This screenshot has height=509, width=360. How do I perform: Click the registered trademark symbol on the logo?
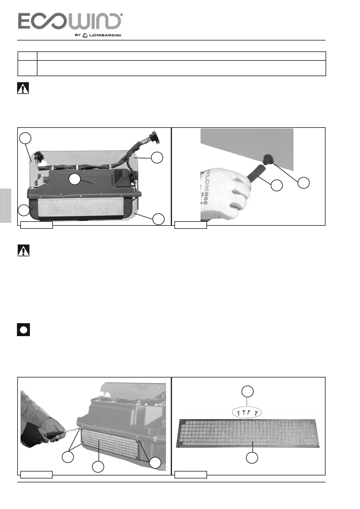click(121, 15)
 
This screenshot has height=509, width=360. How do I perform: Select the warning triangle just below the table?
click(23, 88)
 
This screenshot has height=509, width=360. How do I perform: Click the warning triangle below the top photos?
click(24, 251)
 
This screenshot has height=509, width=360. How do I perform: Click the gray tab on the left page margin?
click(5, 206)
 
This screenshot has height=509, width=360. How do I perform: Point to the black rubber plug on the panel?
click(268, 159)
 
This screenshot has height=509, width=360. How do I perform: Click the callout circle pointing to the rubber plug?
click(303, 183)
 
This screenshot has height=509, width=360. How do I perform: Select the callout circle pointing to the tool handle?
click(277, 185)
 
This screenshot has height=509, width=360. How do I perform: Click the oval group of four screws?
click(247, 412)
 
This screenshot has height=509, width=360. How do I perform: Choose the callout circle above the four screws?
click(247, 391)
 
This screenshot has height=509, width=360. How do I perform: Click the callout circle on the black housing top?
click(74, 179)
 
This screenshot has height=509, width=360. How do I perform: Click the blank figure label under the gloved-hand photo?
click(191, 225)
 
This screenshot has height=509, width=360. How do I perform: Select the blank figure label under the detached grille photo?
click(191, 475)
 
